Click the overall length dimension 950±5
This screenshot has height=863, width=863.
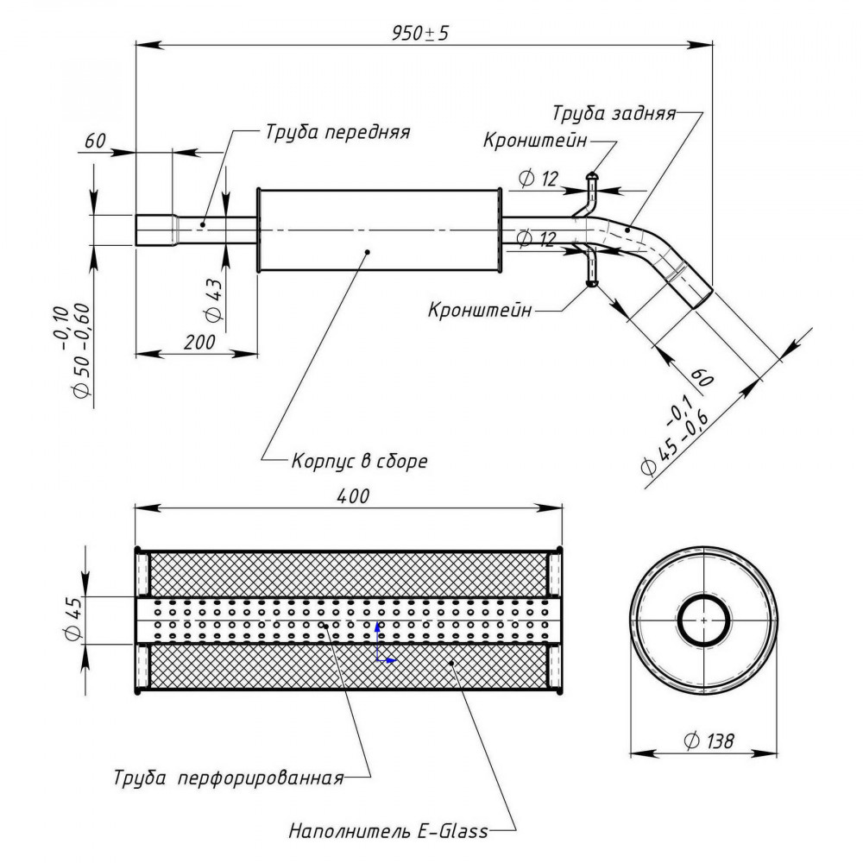coord(420,33)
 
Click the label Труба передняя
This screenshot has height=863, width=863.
coord(338,132)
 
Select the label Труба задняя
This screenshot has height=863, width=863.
coord(614,113)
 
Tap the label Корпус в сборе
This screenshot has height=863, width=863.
coord(359,460)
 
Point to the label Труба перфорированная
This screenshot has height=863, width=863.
coord(229,778)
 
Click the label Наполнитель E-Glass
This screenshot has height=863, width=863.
coord(388,830)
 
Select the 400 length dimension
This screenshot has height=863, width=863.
coord(353,496)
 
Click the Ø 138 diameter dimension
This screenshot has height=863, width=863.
coord(709,740)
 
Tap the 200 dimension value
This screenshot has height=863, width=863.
coord(199,343)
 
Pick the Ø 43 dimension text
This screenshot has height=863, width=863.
coord(213,300)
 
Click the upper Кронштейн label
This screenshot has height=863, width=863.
coord(535,141)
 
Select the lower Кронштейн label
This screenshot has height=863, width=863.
coord(480,309)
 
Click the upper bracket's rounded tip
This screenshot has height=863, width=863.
coord(592,176)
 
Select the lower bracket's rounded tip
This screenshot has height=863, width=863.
coord(592,284)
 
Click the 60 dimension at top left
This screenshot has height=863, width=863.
coord(95,141)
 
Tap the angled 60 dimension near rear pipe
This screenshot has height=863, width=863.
coord(702,376)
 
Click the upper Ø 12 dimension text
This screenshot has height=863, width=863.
coord(539,179)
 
